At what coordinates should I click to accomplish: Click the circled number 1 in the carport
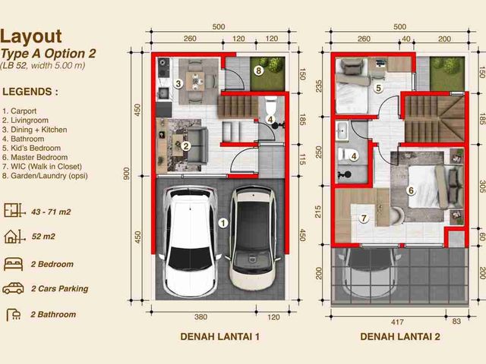tap(223, 223)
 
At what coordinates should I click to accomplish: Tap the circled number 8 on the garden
tap(258, 71)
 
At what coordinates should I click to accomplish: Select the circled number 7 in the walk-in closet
tap(364, 218)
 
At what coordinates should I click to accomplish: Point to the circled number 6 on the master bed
tap(411, 190)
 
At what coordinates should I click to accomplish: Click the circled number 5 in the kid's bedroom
tap(378, 88)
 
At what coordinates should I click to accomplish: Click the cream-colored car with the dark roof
tap(253, 237)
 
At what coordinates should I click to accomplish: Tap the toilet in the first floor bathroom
tap(271, 106)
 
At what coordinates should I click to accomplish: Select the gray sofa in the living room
tap(197, 146)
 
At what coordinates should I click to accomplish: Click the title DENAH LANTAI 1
tap(219, 337)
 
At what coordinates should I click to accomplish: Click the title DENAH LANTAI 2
tap(400, 337)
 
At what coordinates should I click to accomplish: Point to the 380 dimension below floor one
tap(200, 317)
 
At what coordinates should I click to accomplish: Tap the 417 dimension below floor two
tap(397, 322)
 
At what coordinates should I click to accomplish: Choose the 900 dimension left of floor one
tap(126, 174)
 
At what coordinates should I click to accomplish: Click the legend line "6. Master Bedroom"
tap(35, 157)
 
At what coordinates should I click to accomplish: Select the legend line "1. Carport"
tap(19, 111)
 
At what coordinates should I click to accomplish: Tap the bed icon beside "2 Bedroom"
tap(14, 264)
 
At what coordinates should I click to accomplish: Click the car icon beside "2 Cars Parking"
tap(14, 288)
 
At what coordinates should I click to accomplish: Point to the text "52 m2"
tap(43, 237)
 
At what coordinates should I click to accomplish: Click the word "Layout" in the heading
tap(31, 36)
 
